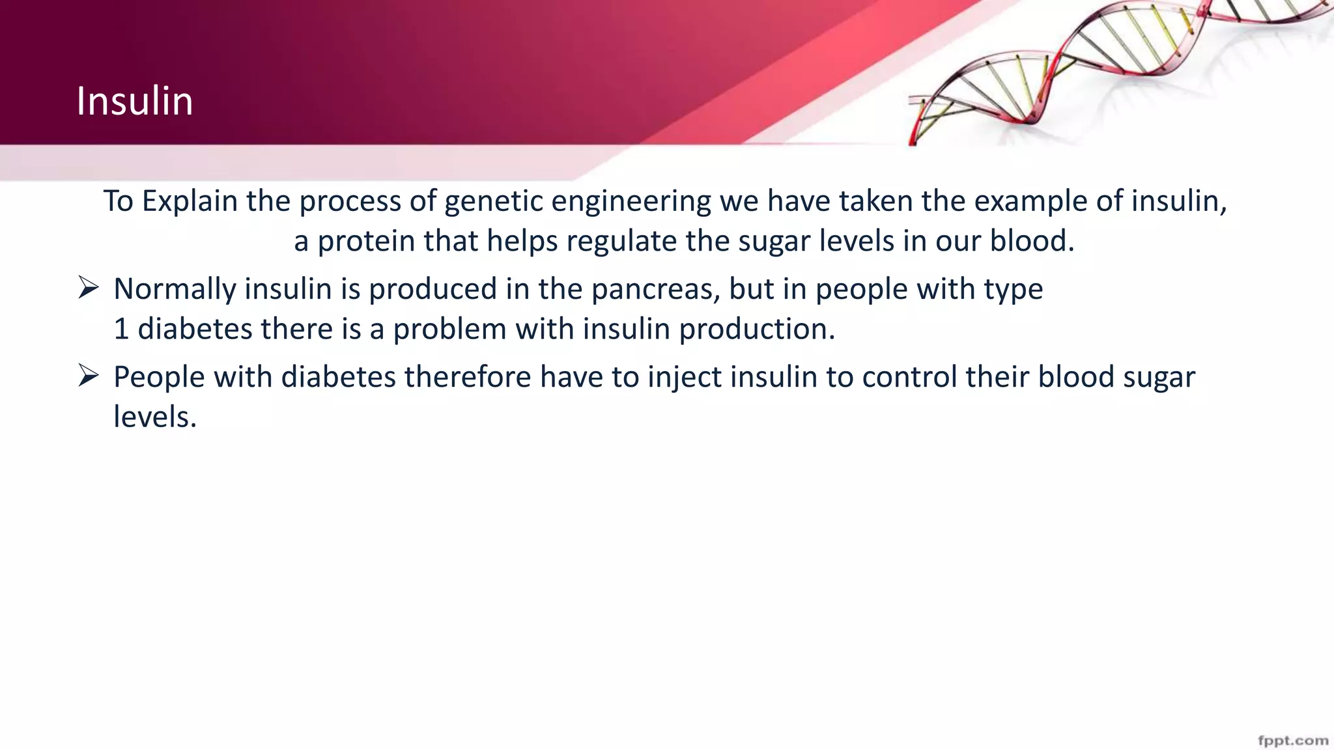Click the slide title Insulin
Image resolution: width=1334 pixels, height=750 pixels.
135,102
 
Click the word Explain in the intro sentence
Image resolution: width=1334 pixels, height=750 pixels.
190,201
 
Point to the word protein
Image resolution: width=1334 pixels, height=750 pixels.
365,242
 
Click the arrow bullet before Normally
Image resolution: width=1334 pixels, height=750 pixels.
88,287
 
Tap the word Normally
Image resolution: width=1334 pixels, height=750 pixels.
175,289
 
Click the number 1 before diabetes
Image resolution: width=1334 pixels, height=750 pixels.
121,329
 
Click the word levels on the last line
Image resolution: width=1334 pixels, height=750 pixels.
154,417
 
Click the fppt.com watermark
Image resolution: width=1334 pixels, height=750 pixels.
1293,740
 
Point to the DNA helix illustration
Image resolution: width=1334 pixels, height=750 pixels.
1107,65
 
